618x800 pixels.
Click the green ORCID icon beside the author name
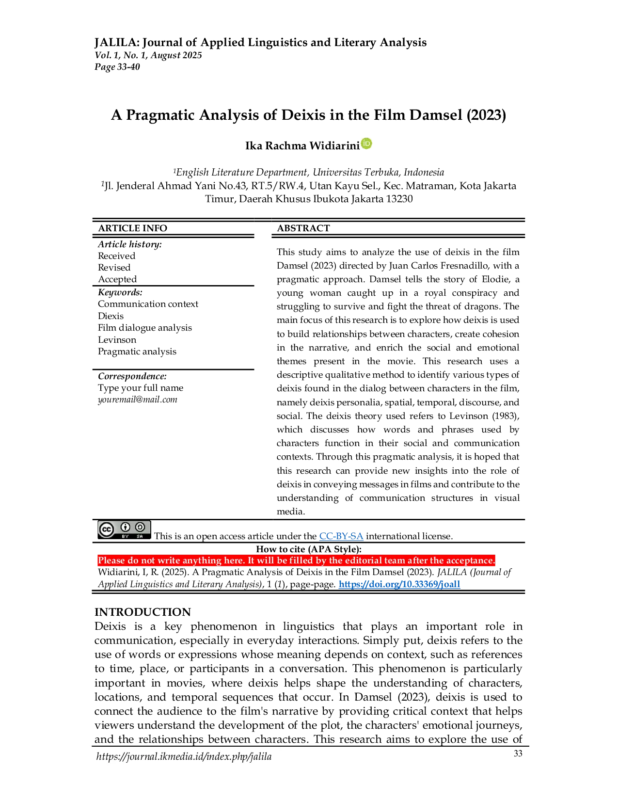[366, 144]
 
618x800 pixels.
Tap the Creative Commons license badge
[124, 530]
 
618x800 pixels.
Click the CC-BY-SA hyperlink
[341, 536]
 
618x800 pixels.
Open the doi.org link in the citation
[399, 584]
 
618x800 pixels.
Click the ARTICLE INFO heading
[132, 228]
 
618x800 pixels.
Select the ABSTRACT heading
[303, 228]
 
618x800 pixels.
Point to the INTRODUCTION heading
[143, 612]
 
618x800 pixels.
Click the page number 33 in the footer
[518, 753]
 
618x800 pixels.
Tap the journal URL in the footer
[184, 756]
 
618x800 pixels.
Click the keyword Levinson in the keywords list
[117, 339]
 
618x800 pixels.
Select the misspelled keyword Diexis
[111, 316]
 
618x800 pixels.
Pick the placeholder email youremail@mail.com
[138, 400]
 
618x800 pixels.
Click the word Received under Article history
[117, 256]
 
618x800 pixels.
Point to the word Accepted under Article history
[117, 279]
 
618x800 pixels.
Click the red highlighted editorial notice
[296, 560]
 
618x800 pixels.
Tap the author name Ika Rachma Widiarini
[302, 146]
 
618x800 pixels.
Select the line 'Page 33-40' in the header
[117, 67]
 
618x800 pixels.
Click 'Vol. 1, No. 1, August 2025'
[148, 55]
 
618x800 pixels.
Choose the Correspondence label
[132, 376]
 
